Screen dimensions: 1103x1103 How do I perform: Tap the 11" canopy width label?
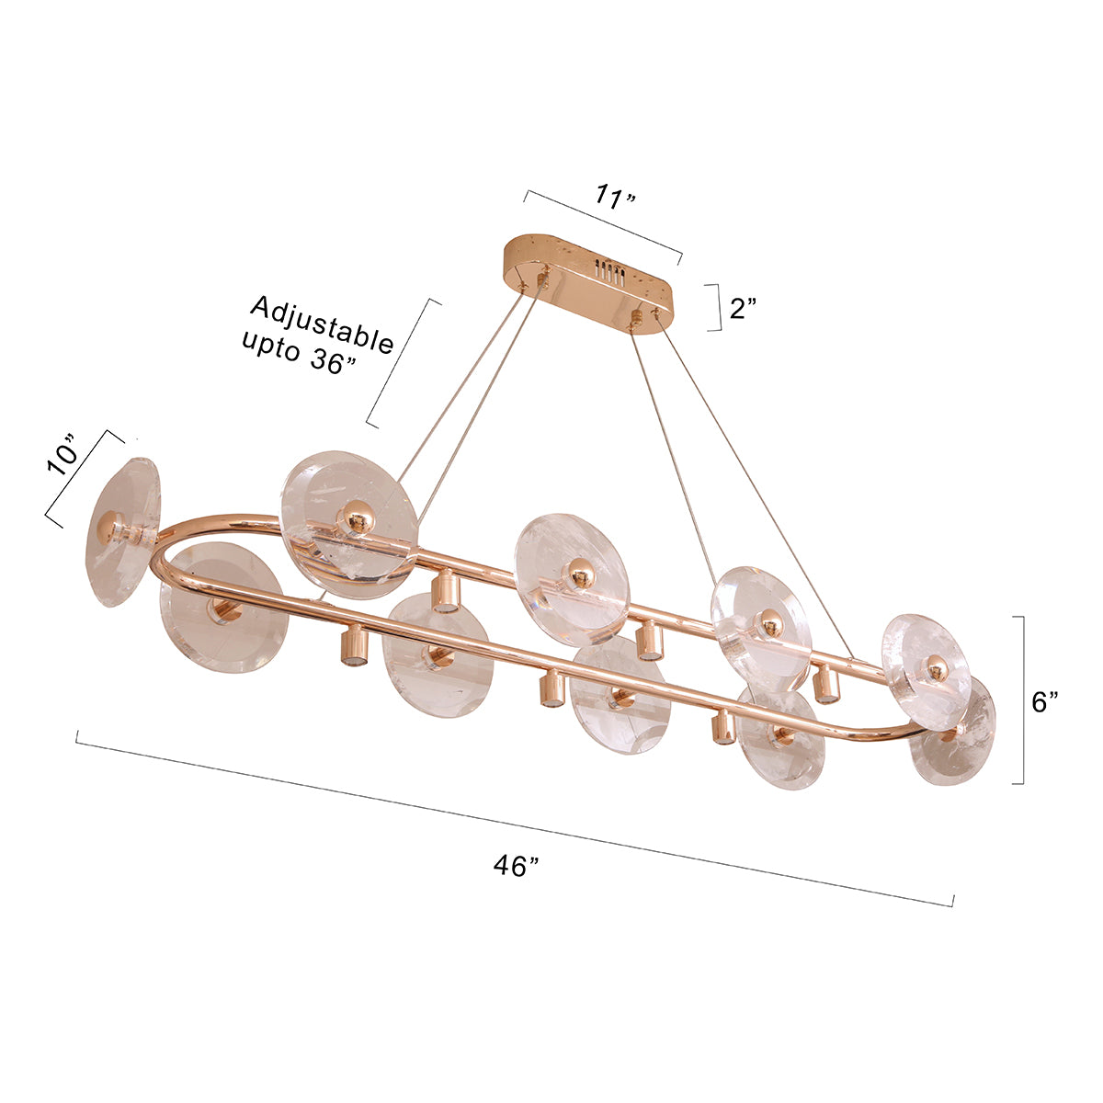click(x=615, y=197)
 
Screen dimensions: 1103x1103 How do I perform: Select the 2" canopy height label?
click(x=743, y=308)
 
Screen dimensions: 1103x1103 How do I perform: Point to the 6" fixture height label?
click(x=1044, y=701)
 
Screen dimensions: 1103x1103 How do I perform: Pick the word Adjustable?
click(x=323, y=324)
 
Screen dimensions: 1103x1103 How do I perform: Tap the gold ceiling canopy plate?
click(x=588, y=283)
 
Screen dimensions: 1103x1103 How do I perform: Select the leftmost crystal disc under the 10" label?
click(x=122, y=532)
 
